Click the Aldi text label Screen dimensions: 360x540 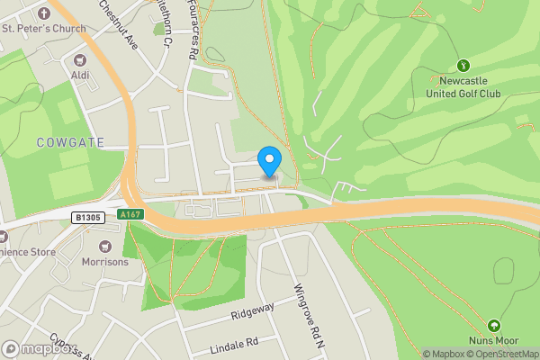[80, 76]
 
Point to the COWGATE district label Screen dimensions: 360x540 [70, 142]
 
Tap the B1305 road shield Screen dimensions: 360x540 [88, 218]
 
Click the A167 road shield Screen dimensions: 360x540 [130, 214]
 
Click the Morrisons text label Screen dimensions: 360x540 [105, 262]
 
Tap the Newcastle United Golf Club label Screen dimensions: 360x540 [463, 86]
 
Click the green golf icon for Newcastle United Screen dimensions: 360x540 [463, 65]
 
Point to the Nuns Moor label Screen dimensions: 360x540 [494, 341]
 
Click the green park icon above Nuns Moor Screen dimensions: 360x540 [493, 325]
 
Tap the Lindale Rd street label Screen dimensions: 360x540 [233, 343]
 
